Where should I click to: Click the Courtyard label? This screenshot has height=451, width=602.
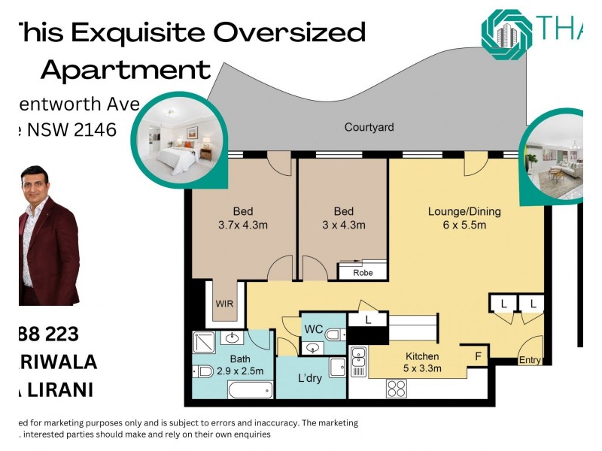coord(369,127)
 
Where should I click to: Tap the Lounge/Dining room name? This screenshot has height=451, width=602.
coord(464,211)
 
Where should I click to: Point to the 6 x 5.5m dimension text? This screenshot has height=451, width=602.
coord(464,225)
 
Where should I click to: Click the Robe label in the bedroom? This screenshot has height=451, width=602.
coord(363,273)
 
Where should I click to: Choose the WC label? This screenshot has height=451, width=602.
coord(313,328)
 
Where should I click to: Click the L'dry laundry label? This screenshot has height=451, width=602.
coord(309,378)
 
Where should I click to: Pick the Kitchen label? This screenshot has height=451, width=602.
coord(422,356)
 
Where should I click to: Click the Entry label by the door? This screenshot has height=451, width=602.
coord(530,361)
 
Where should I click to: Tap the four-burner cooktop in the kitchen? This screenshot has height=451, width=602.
coord(396,389)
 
